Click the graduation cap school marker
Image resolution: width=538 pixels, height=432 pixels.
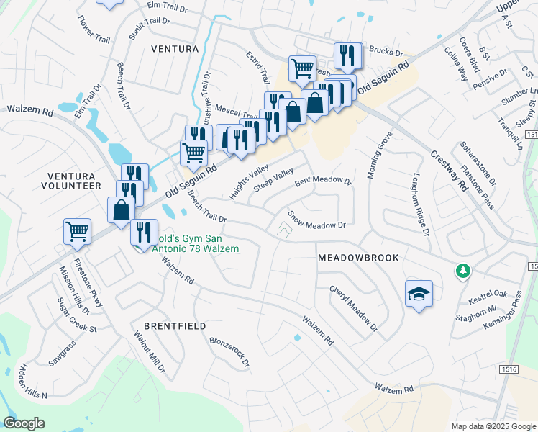pos(419,294)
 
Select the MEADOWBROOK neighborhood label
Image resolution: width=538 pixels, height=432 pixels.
pos(358,257)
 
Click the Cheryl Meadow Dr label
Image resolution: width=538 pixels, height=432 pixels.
pos(353,307)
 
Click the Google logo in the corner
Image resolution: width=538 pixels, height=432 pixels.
pos(24,423)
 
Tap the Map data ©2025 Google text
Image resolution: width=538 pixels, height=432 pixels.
pos(493,426)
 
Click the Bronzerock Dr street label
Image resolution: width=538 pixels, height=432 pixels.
pos(229,351)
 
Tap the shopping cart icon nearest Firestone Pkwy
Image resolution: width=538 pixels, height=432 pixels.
pos(77,231)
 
